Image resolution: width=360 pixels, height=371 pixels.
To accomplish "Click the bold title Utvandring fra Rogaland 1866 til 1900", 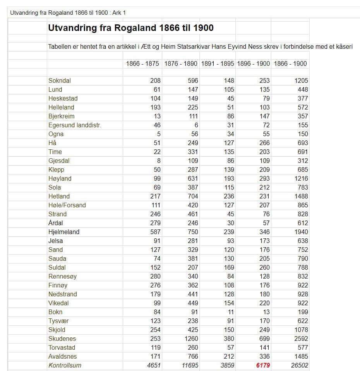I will [x=130, y=28].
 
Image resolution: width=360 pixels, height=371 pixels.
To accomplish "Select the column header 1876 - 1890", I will [x=181, y=63].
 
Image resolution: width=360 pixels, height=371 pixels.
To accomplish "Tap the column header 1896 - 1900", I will [x=253, y=63].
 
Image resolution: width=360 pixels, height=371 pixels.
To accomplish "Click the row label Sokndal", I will [x=60, y=80].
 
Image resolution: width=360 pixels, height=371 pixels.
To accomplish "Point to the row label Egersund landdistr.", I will [x=75, y=125].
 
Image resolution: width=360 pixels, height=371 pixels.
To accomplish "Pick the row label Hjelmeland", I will [x=64, y=232].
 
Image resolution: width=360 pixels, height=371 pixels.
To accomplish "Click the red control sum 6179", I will [x=263, y=365].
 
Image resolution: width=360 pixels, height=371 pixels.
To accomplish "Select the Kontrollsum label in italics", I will [x=65, y=365].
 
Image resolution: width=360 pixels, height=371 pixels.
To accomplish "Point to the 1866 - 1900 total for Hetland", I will [x=300, y=196].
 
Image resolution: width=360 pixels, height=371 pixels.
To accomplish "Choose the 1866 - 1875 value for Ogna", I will [x=158, y=134].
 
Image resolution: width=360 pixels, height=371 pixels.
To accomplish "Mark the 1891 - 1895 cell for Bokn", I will [x=231, y=312].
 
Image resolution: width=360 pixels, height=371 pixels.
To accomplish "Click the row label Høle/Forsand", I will [x=67, y=205].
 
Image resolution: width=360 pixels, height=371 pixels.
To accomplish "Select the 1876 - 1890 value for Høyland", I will [x=192, y=178].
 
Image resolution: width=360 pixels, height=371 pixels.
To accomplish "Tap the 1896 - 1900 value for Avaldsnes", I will [x=264, y=356].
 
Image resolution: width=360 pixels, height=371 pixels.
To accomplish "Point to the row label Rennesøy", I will [x=63, y=276].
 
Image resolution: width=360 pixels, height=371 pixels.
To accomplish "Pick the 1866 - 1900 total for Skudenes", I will [x=300, y=339].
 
